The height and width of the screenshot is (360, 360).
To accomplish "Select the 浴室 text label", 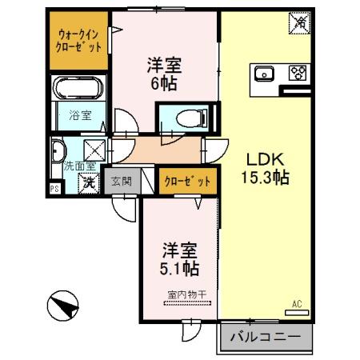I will pos(80,115).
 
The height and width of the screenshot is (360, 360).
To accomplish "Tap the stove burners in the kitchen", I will pos(298,74).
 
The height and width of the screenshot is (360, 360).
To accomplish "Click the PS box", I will pos(54,189).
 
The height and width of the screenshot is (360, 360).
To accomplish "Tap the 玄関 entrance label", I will pos(122,182).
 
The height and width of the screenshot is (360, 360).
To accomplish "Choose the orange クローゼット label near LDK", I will pos(186,182).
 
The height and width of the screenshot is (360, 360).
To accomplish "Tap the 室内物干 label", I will pos(187,295).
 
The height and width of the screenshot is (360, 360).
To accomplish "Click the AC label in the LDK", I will pos(295,304).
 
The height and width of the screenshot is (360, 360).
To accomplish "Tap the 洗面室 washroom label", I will pos(79,166).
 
